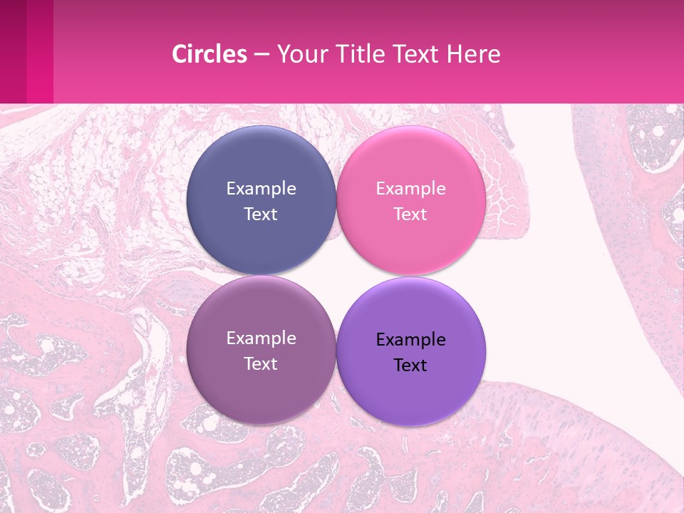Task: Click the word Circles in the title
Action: coord(209,54)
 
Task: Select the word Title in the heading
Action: coord(361,54)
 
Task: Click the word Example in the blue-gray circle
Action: coord(261,189)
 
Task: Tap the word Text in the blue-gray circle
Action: coord(261,214)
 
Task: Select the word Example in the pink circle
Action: coord(410,189)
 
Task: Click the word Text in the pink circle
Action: coord(410,214)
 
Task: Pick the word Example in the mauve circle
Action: coord(261,338)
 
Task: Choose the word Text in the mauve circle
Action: coord(261,363)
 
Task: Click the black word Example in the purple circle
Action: coord(410,340)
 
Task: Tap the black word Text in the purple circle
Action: coord(410,365)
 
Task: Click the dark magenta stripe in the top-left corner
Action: coord(13,51)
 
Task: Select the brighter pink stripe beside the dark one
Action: coord(40,51)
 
